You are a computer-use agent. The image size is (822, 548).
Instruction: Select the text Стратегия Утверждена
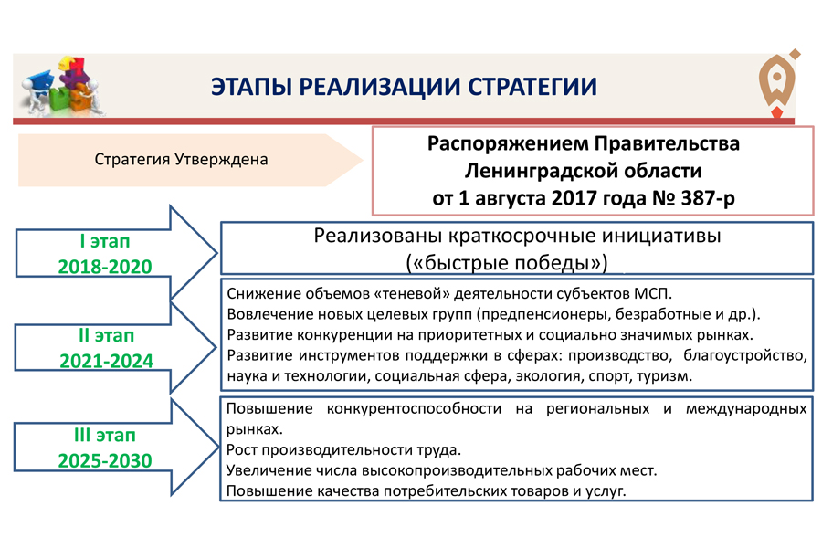coord(181,160)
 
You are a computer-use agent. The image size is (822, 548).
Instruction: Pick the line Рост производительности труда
coord(343,451)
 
